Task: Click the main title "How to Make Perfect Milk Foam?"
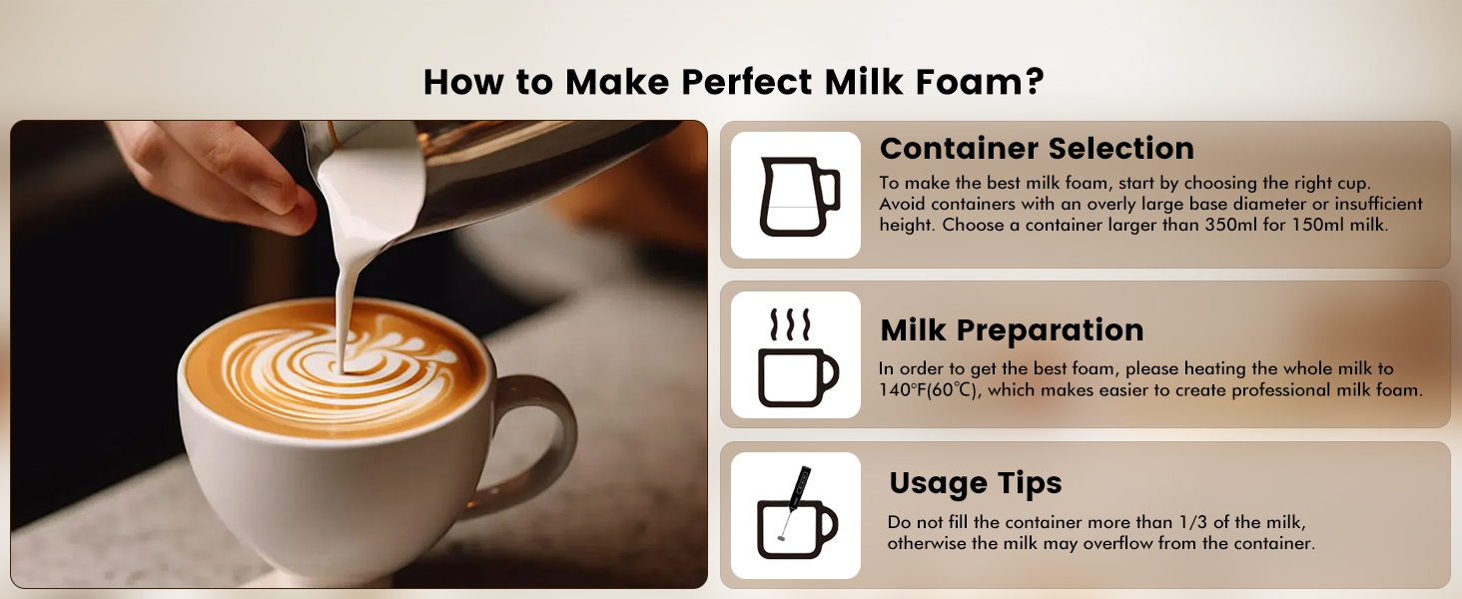[733, 81]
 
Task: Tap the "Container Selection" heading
[1037, 149]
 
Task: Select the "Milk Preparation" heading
[1012, 330]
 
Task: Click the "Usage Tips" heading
[975, 483]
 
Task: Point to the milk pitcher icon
[796, 196]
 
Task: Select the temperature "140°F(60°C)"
[928, 390]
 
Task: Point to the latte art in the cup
[330, 364]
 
